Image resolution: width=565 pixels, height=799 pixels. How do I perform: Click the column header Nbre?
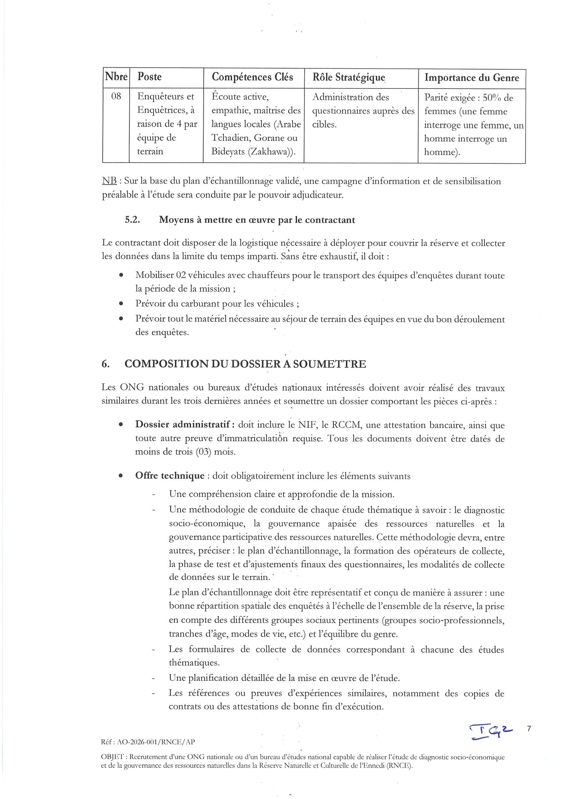pyautogui.click(x=116, y=77)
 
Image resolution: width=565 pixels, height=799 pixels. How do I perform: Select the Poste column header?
pyautogui.click(x=149, y=77)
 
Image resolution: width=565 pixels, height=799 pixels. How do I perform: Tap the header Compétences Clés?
pyautogui.click(x=252, y=77)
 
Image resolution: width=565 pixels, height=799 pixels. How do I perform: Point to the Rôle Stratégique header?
pyautogui.click(x=349, y=77)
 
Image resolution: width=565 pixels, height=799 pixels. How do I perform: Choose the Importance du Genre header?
pyautogui.click(x=471, y=78)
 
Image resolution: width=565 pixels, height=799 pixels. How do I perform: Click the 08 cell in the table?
pyautogui.click(x=116, y=96)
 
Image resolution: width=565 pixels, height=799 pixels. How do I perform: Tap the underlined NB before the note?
pyautogui.click(x=109, y=181)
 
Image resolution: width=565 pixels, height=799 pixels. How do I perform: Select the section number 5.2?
pyautogui.click(x=132, y=220)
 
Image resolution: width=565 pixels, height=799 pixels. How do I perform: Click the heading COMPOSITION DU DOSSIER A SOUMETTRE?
pyautogui.click(x=245, y=364)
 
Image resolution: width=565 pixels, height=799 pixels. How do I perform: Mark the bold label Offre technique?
pyautogui.click(x=170, y=476)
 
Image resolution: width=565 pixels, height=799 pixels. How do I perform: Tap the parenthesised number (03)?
pyautogui.click(x=203, y=452)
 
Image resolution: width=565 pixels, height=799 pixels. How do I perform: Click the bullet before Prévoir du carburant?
pyautogui.click(x=121, y=304)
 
